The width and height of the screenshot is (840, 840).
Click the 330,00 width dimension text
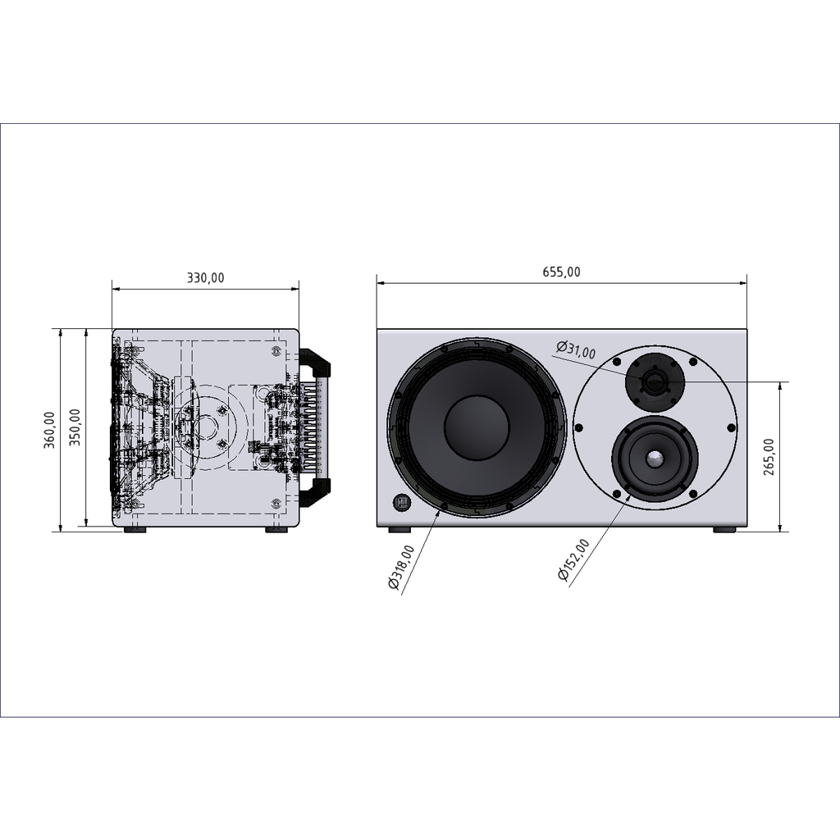click(205, 278)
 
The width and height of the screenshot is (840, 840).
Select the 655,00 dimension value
click(561, 272)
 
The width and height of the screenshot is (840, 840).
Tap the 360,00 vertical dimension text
click(49, 430)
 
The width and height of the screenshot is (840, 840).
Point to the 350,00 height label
click(75, 427)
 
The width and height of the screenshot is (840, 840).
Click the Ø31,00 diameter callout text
click(576, 349)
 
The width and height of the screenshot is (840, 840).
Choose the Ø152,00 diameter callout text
click(573, 560)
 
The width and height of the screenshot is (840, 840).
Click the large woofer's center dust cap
click(477, 428)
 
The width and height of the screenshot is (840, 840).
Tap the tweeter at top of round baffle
click(655, 381)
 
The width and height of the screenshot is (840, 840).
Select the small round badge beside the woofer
click(402, 502)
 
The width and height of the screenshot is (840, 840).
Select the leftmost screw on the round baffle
click(580, 428)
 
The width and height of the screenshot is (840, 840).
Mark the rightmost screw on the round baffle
click(730, 427)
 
